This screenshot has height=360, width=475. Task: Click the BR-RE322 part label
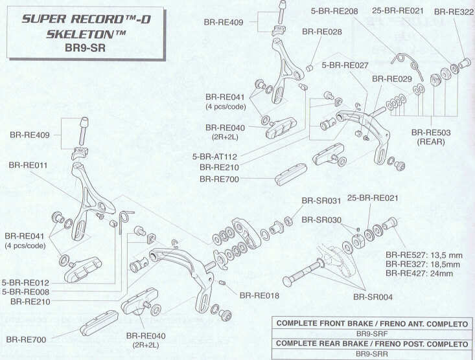(453, 12)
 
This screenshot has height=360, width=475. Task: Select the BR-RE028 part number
(322, 32)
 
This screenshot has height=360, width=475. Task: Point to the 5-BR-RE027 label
(344, 65)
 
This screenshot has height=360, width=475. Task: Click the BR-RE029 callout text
(392, 79)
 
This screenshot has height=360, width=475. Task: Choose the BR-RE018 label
(260, 296)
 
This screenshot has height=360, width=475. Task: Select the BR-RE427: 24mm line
(418, 274)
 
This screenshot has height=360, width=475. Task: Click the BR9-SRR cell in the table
(373, 355)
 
